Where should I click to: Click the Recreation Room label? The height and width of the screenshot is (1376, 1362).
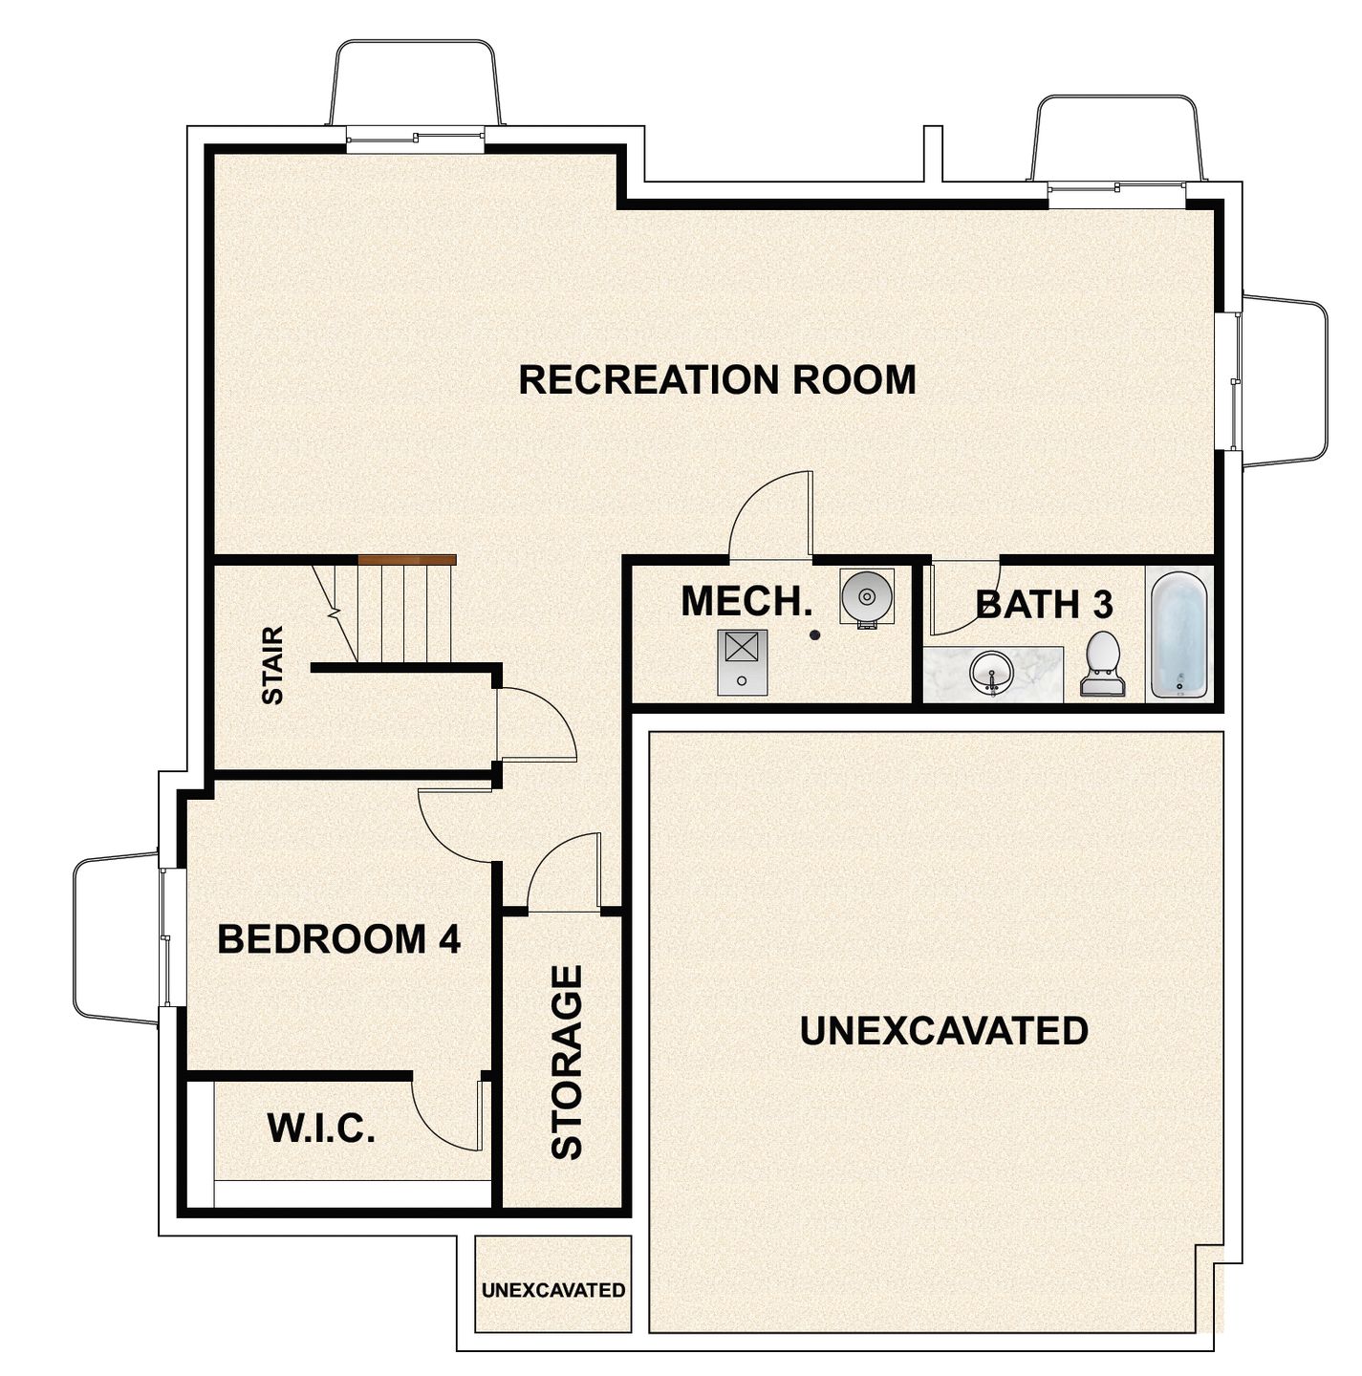(717, 379)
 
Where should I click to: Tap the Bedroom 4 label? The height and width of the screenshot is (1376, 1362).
(339, 939)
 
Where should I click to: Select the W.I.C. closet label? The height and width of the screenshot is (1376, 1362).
(321, 1129)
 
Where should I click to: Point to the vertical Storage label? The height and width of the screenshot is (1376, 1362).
(568, 1062)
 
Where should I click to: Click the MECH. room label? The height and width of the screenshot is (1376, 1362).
(746, 601)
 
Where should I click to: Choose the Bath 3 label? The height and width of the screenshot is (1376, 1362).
(1044, 605)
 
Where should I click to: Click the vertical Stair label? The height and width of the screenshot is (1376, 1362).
(273, 665)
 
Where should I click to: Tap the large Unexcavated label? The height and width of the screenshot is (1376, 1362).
(943, 1031)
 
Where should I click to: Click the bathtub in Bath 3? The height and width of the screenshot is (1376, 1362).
(1178, 634)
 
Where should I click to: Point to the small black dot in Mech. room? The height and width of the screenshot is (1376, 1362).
(814, 634)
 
